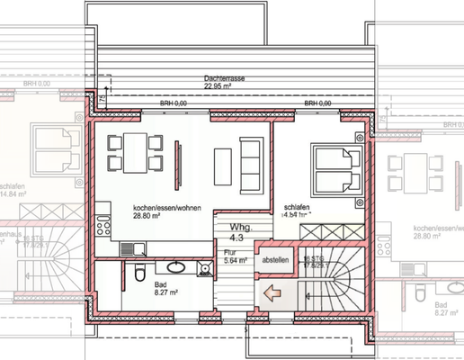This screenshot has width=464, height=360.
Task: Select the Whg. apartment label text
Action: tap(237, 228)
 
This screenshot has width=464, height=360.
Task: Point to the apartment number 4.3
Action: tap(237, 238)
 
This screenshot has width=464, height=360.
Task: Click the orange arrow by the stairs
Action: tap(271, 292)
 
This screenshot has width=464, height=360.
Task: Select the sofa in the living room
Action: tap(254, 163)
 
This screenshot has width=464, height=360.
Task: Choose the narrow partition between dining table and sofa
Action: tap(176, 158)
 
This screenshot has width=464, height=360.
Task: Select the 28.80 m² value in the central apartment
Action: tap(147, 216)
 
